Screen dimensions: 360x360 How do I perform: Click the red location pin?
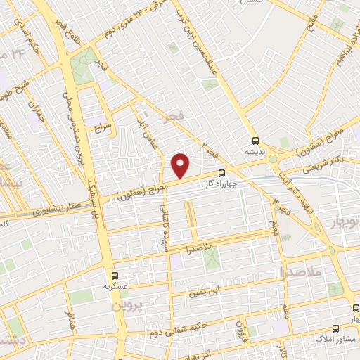click(x=181, y=165)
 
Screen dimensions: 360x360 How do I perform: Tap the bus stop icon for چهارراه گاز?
click(x=222, y=172)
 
